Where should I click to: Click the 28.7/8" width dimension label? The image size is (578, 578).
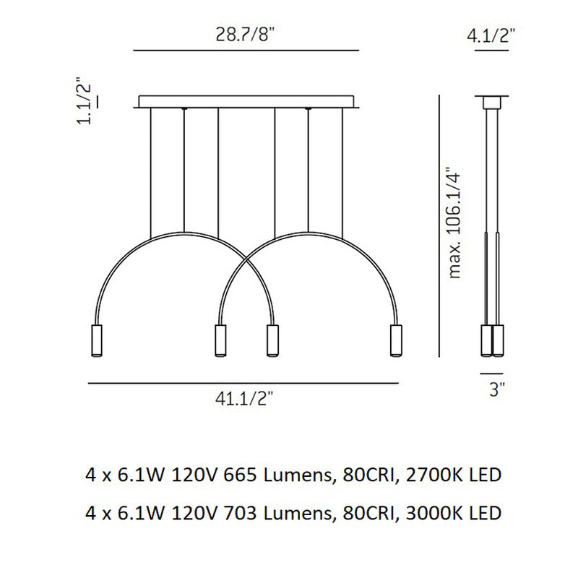point(246,35)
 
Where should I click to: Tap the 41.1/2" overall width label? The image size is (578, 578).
point(245,399)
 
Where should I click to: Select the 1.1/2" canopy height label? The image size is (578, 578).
point(84,100)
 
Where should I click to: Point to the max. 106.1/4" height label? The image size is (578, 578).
point(454,223)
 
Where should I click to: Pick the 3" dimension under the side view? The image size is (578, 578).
point(497,389)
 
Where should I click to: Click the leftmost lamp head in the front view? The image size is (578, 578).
point(97,340)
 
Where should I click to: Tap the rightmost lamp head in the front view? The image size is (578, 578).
point(396,340)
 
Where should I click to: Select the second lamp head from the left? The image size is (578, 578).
point(220,340)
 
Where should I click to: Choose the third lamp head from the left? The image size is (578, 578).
point(272,340)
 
